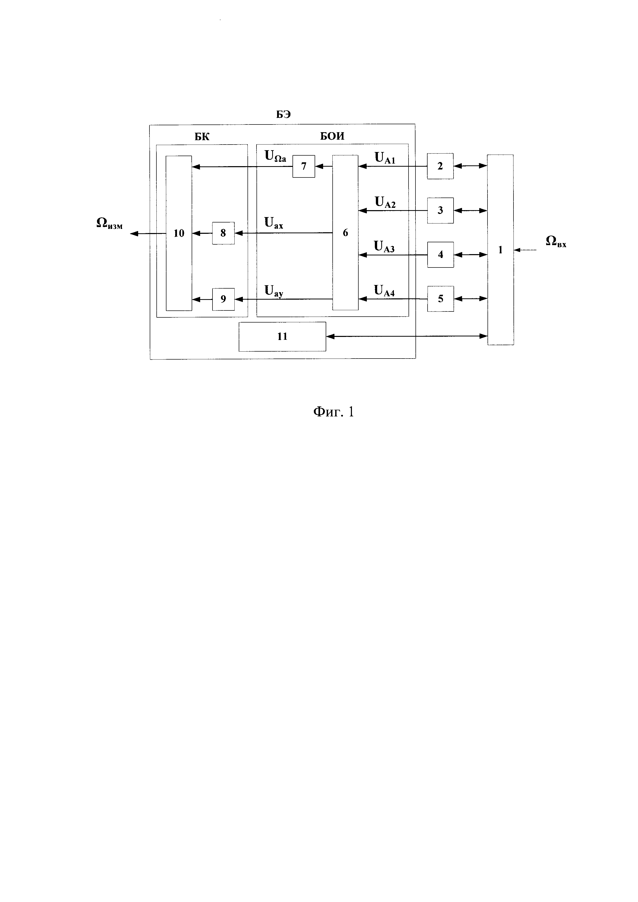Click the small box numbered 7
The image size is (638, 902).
pyautogui.click(x=303, y=166)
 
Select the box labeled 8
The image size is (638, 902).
pyautogui.click(x=223, y=233)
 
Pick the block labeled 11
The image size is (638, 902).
pyautogui.click(x=282, y=336)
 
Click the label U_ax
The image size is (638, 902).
pyautogui.click(x=274, y=224)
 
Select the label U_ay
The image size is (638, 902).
pyautogui.click(x=274, y=291)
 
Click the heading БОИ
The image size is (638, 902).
pyautogui.click(x=332, y=136)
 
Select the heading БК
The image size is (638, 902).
pyautogui.click(x=202, y=137)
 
